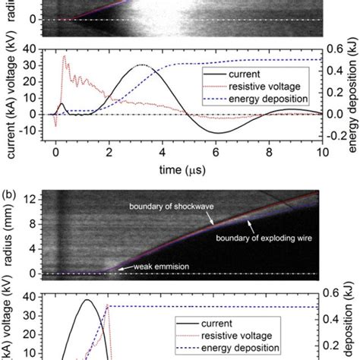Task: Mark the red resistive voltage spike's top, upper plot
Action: click(x=64, y=55)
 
